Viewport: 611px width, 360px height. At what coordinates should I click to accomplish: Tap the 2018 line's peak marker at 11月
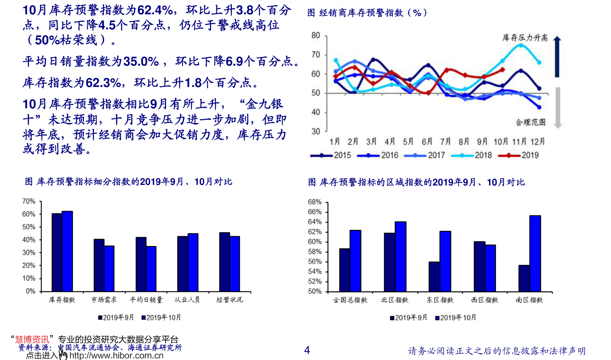point(521,45)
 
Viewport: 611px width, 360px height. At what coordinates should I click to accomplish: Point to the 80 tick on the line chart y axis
point(316,36)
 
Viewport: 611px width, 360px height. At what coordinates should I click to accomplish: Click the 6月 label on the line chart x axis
point(427,141)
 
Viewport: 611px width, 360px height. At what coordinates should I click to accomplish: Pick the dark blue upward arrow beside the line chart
point(557,57)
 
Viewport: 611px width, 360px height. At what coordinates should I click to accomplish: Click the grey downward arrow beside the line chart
point(558,108)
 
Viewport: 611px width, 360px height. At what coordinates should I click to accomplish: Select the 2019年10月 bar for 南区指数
point(535,253)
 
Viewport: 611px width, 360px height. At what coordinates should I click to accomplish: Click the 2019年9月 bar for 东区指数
point(434,277)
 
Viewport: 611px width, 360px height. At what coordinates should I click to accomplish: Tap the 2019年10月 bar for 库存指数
point(67,251)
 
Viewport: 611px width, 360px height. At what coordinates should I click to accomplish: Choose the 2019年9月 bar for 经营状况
point(224,262)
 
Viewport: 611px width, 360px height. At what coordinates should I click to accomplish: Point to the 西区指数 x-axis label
point(484,300)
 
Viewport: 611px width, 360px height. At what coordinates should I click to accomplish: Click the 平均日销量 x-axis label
point(146,300)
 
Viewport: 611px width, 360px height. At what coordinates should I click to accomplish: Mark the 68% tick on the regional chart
point(315,202)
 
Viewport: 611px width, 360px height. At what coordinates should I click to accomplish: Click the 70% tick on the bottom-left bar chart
point(29,201)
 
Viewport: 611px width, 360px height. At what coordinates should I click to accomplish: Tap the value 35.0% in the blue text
point(141,62)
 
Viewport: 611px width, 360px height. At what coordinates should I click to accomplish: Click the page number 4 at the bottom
point(307,350)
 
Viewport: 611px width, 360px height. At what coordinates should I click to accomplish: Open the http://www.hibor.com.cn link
point(116,356)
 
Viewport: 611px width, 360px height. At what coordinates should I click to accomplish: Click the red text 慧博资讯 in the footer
point(32,339)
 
